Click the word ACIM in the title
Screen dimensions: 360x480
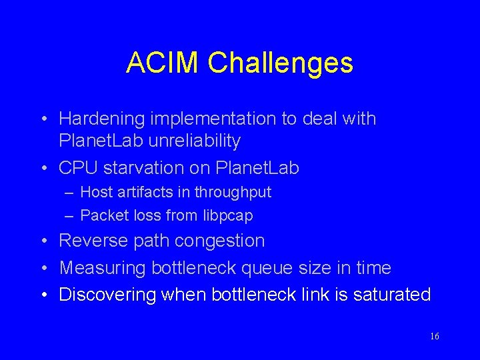pyautogui.click(x=163, y=63)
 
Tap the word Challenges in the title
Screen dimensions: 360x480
pyautogui.click(x=280, y=63)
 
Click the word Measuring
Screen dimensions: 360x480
pyautogui.click(x=103, y=268)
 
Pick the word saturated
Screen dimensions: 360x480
pyautogui.click(x=389, y=295)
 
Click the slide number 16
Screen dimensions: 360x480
pyautogui.click(x=434, y=336)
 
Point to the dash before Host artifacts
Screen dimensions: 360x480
pyautogui.click(x=70, y=193)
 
